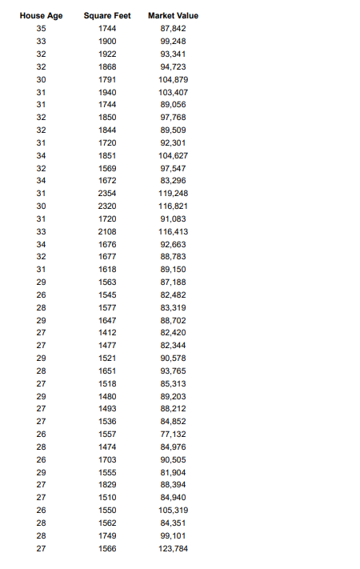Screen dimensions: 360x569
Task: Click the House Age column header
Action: pos(41,16)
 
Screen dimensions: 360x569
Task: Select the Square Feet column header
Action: pos(106,16)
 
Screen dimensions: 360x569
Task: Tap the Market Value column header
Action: pos(174,16)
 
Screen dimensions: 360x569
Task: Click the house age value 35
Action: pos(41,29)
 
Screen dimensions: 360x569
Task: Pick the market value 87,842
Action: pos(174,29)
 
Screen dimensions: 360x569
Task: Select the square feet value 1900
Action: pos(106,42)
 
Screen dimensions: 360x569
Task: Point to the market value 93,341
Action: pos(174,54)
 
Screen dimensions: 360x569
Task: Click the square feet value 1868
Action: pos(106,66)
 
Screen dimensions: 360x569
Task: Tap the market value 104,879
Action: pos(174,79)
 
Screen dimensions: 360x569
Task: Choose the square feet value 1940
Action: pos(106,92)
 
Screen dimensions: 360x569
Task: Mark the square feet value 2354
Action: pos(106,193)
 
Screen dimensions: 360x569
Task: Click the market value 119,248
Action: pos(174,193)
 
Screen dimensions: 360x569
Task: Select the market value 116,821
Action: pos(174,206)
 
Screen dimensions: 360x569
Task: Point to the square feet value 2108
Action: pos(106,231)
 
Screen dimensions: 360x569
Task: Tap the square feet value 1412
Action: pos(106,332)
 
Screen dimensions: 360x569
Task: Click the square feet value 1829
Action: pos(106,485)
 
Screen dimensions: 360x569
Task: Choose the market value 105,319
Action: pos(174,510)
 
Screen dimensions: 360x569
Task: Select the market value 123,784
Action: pos(174,548)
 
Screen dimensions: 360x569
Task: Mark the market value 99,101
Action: pos(174,535)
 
